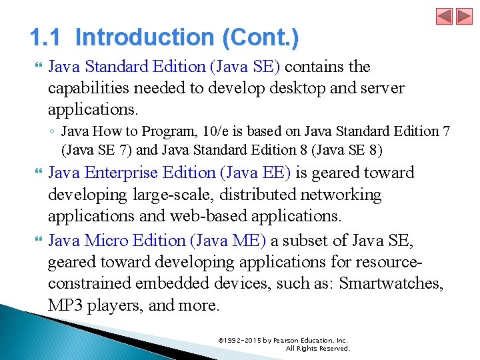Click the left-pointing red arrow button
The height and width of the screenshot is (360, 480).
(445, 16)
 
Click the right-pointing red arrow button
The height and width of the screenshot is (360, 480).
(463, 16)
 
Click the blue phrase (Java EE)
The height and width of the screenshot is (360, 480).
(255, 173)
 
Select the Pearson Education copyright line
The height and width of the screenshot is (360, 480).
(283, 340)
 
